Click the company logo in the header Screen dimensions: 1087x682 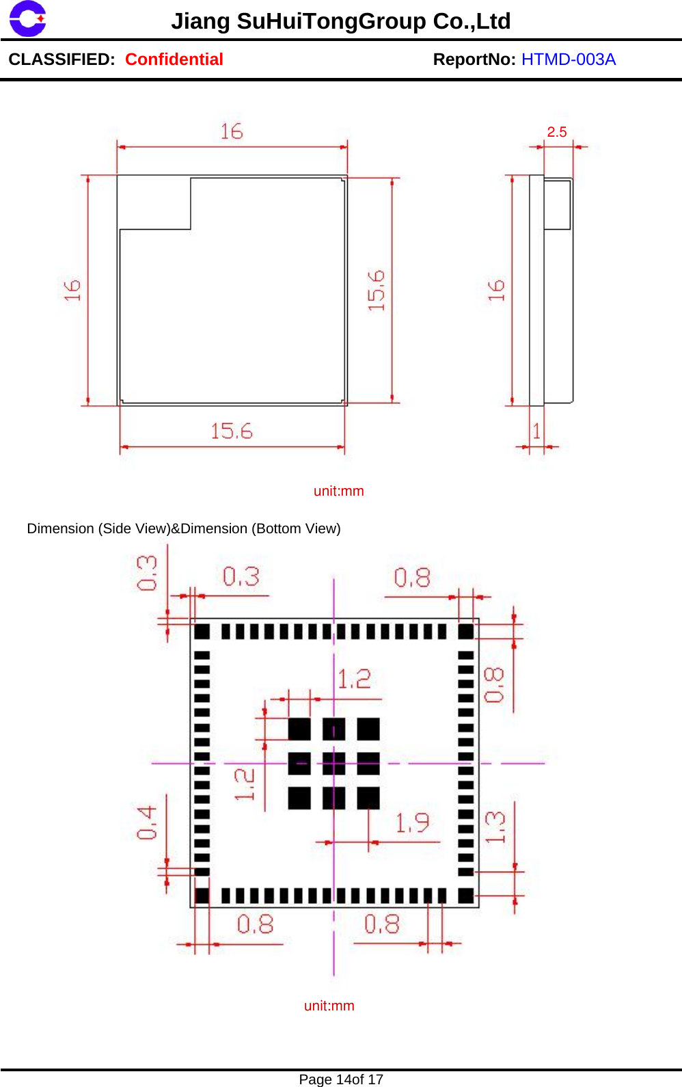pyautogui.click(x=27, y=18)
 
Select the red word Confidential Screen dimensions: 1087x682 pyautogui.click(x=174, y=59)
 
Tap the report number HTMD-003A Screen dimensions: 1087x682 pyautogui.click(x=568, y=59)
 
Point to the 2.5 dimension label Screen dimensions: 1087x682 pyautogui.click(x=557, y=132)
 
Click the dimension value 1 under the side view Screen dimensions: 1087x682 pyautogui.click(x=536, y=431)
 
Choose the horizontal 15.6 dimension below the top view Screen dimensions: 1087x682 pyautogui.click(x=232, y=431)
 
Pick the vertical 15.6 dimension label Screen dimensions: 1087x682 pyautogui.click(x=377, y=291)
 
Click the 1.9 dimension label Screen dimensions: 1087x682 pyautogui.click(x=413, y=822)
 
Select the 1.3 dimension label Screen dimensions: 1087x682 pyautogui.click(x=495, y=827)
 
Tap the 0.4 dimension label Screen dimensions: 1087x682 pyautogui.click(x=147, y=822)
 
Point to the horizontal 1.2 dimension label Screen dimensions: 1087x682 pyautogui.click(x=354, y=679)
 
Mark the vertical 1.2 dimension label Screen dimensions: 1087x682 pyautogui.click(x=245, y=784)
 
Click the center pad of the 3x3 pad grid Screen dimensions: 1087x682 pyautogui.click(x=333, y=764)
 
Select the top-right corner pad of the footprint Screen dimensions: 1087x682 pyautogui.click(x=466, y=631)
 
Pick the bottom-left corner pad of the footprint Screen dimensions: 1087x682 pyautogui.click(x=202, y=896)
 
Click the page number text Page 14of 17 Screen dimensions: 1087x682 pyautogui.click(x=341, y=1079)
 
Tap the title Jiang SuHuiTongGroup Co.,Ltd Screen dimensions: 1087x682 pyautogui.click(x=340, y=21)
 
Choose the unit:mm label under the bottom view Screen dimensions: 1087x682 pyautogui.click(x=329, y=1006)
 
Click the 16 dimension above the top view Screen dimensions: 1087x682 pyautogui.click(x=232, y=131)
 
